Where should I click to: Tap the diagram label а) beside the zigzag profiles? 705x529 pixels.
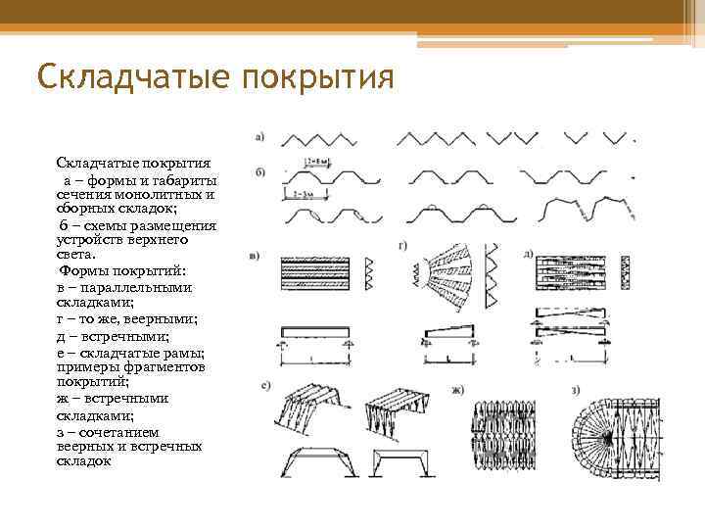tap(259, 137)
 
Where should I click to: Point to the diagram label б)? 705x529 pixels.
tap(259, 173)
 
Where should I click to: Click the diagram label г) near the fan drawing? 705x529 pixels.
tap(402, 242)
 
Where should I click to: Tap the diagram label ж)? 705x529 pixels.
tap(456, 391)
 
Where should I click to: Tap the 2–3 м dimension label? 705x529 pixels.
tap(302, 196)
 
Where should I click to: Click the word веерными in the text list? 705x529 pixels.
tap(165, 319)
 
